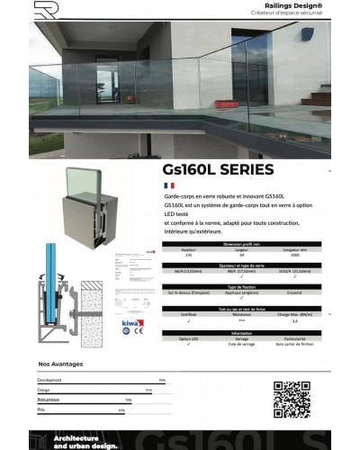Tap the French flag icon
(168, 184)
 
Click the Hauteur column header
(188, 250)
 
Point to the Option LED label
(188, 338)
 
